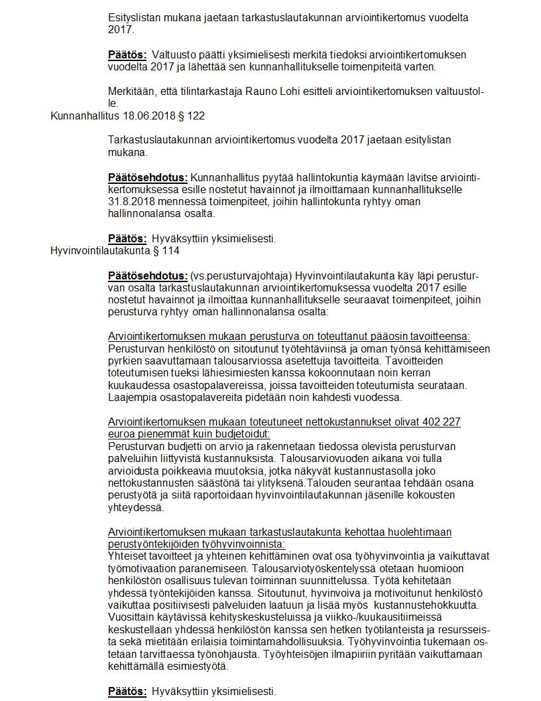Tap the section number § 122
(x=191, y=116)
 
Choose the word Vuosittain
(x=130, y=617)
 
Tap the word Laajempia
(x=133, y=398)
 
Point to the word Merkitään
(x=131, y=91)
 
